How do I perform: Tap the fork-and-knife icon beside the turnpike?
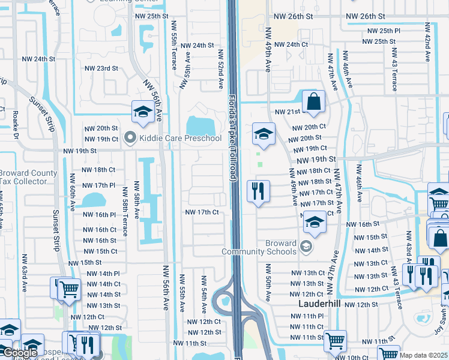[x=259, y=192]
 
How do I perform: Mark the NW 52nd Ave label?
[x=221, y=69]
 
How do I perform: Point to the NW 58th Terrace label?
[x=125, y=208]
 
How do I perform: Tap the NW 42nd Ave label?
[x=427, y=43]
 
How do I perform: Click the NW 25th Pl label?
[x=384, y=31]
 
